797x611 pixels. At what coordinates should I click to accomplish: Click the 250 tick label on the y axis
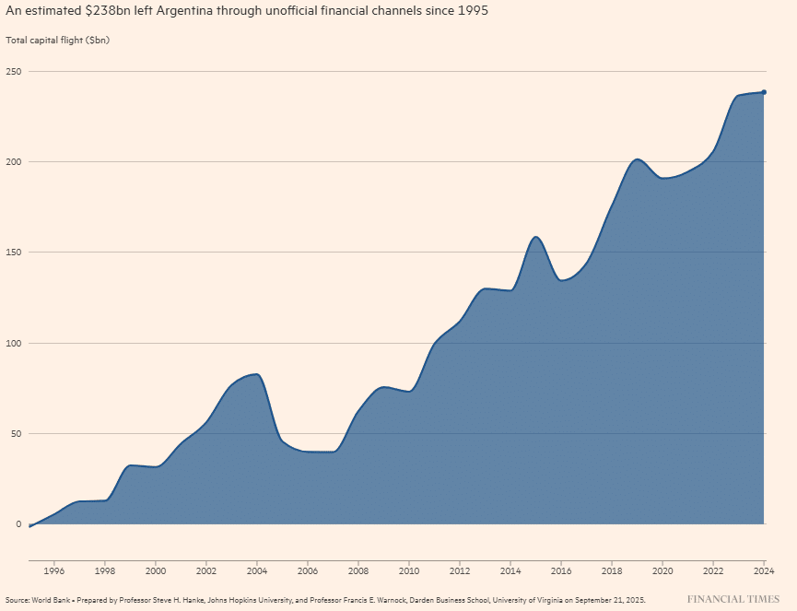(x=14, y=72)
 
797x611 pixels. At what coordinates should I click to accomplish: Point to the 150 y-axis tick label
(x=14, y=253)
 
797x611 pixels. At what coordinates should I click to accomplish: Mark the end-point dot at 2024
(x=765, y=92)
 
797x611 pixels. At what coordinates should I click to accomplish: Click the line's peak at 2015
(x=536, y=237)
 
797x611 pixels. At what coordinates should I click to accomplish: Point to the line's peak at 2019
(x=638, y=159)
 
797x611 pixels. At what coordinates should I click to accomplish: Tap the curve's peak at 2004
(x=256, y=374)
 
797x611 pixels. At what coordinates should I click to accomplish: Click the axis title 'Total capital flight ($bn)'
(x=57, y=41)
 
